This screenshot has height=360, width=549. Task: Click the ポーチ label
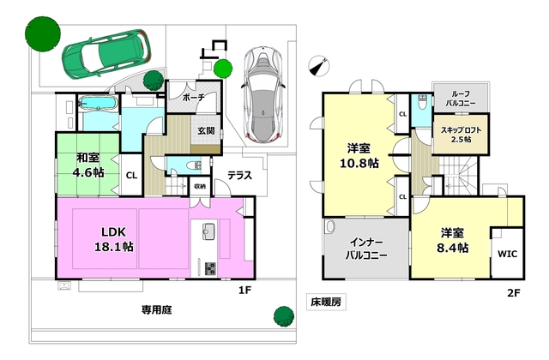click(195, 99)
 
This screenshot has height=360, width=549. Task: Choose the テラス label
click(239, 175)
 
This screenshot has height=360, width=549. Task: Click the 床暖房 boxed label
click(326, 303)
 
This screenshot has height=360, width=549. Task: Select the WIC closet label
click(506, 255)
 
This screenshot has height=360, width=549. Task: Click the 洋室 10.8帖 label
click(358, 154)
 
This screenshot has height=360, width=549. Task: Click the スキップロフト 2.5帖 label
click(462, 133)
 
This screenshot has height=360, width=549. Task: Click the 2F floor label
click(514, 291)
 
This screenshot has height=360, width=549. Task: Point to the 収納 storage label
click(199, 185)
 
